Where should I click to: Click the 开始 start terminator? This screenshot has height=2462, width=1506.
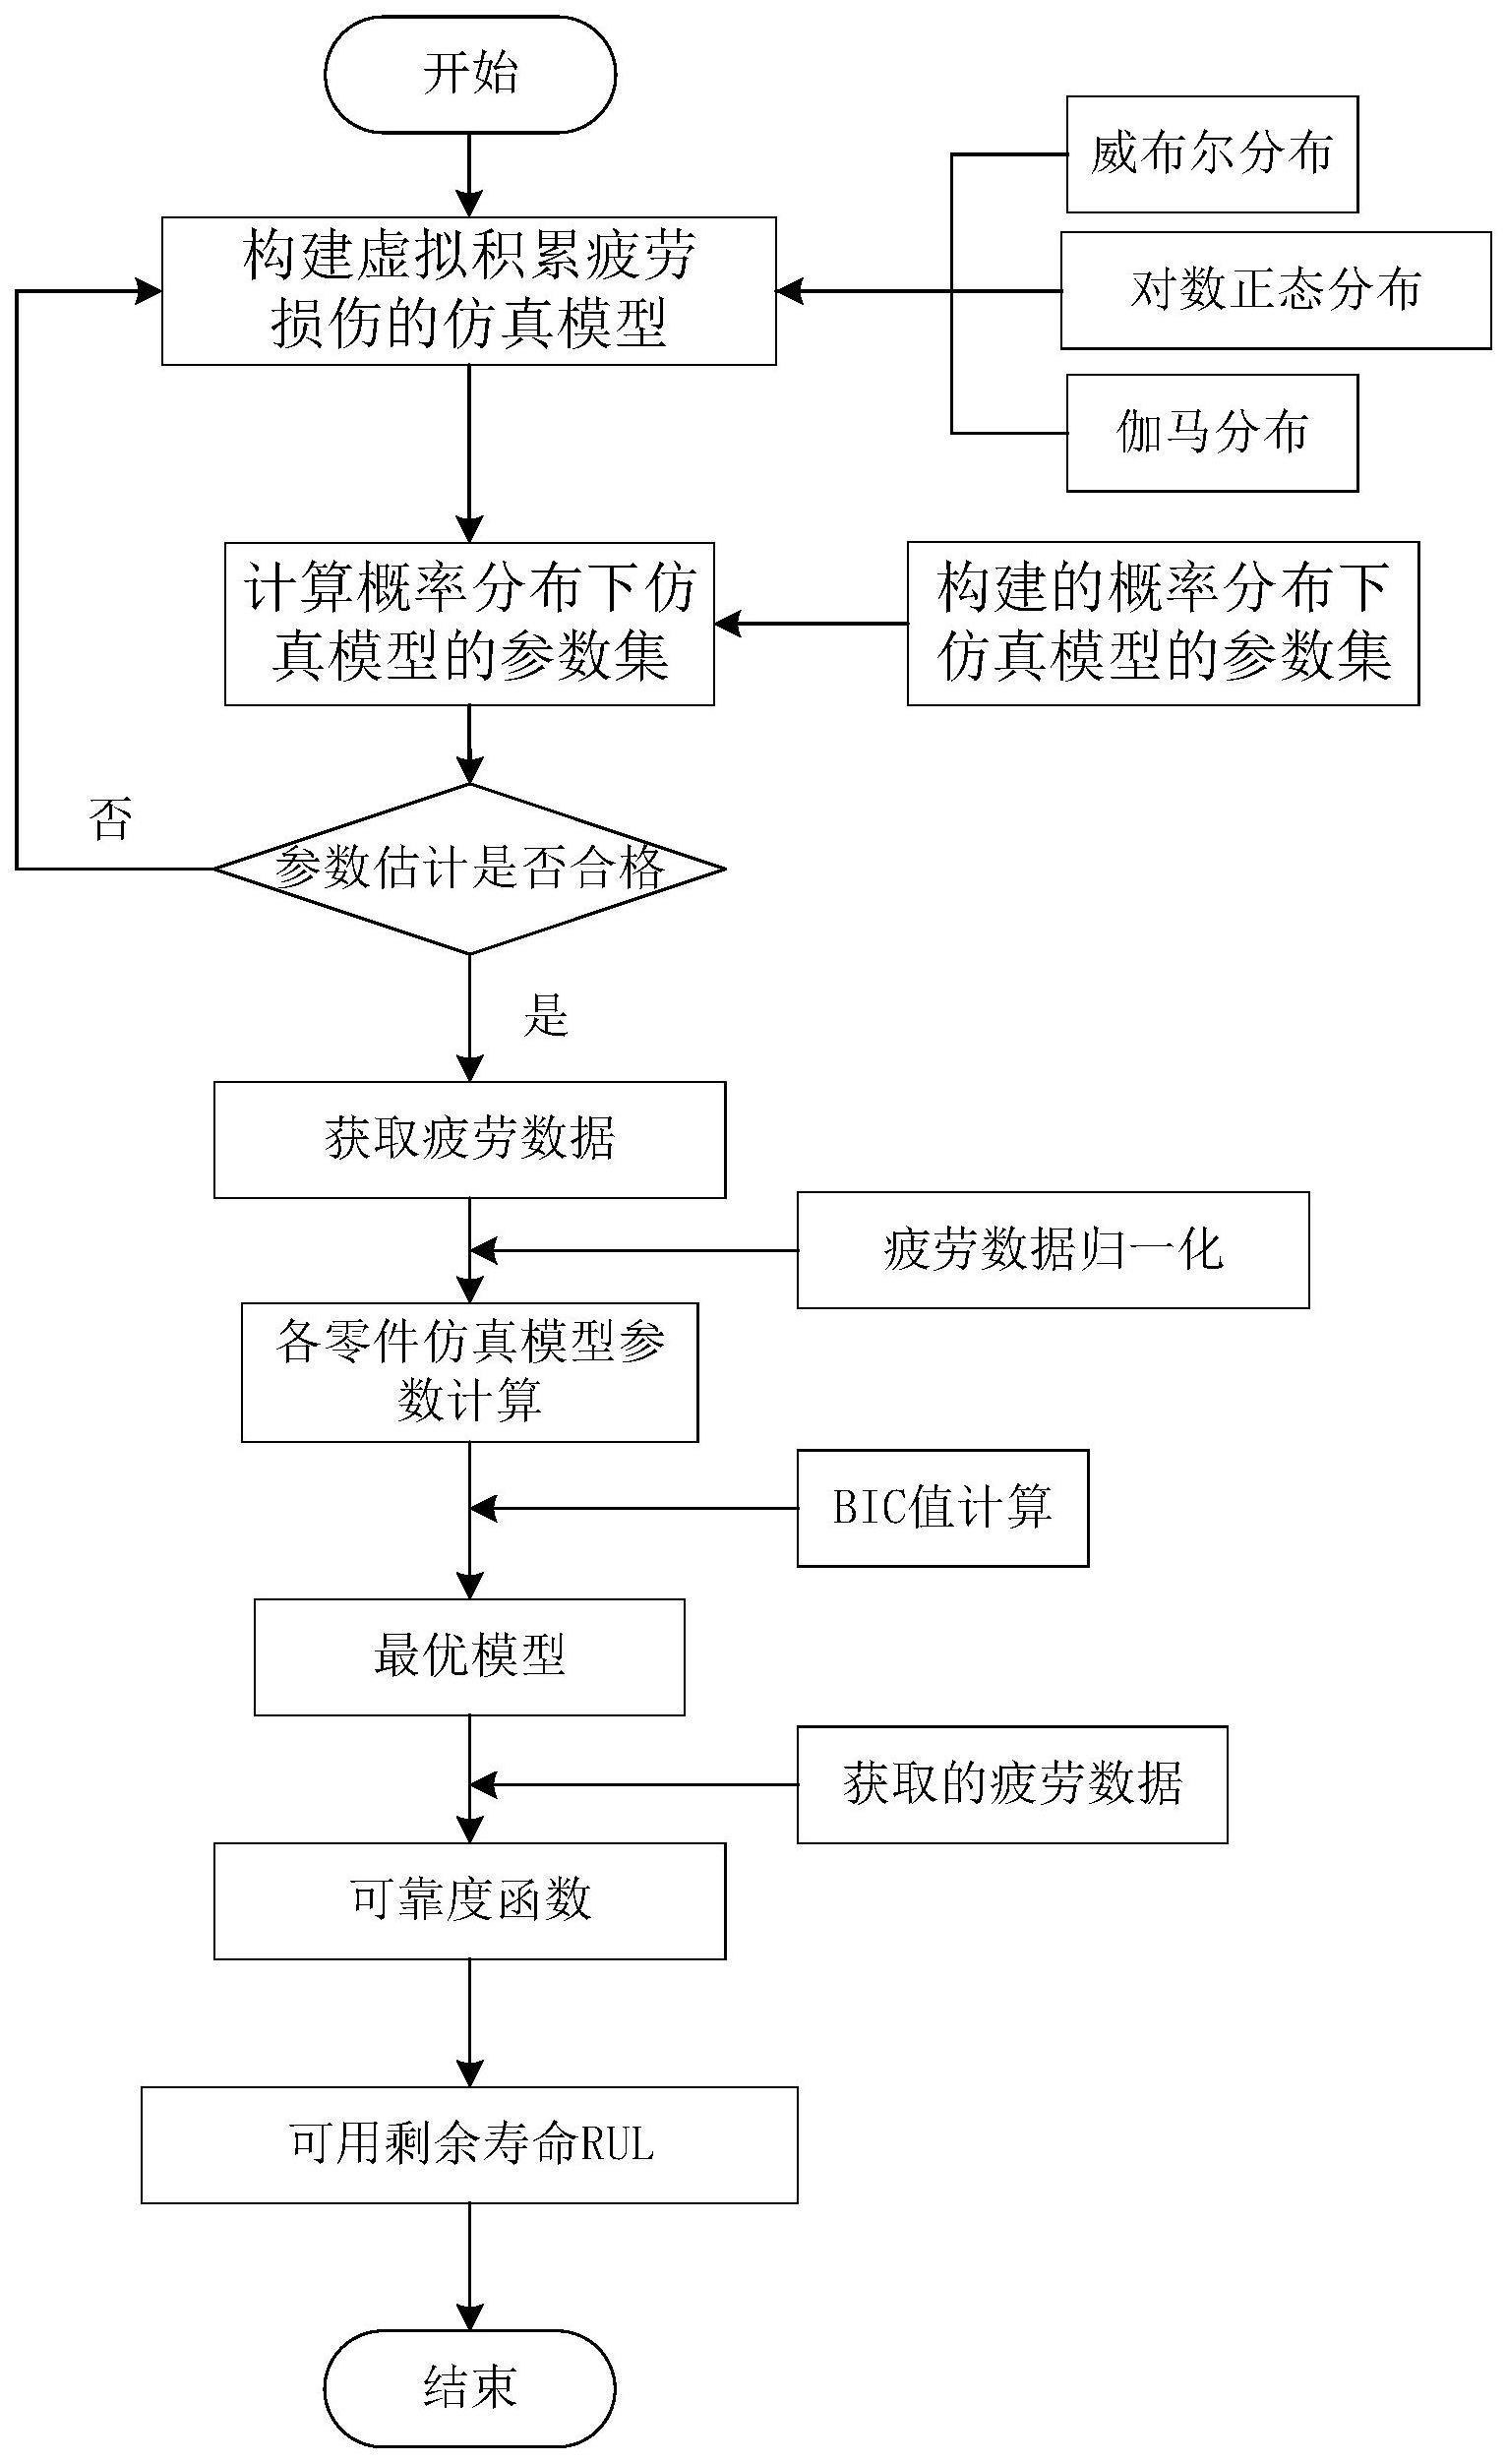point(469,74)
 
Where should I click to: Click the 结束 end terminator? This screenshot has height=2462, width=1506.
point(469,2389)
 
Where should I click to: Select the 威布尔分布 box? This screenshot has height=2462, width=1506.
point(1211,154)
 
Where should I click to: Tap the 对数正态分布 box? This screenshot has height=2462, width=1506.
point(1275,291)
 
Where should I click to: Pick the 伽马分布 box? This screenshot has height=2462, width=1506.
point(1211,433)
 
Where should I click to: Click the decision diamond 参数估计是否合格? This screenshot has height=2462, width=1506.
point(469,869)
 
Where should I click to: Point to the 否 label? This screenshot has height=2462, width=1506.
point(110,819)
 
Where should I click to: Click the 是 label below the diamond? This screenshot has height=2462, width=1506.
point(546,1017)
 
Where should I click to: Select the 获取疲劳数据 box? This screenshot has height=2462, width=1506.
point(469,1139)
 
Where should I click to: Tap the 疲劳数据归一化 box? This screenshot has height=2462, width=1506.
point(1053,1250)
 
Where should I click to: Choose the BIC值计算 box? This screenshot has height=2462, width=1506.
point(941,1508)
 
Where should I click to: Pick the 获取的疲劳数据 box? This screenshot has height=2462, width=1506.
point(1011,1784)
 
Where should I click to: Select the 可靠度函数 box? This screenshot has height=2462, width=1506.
point(469,1900)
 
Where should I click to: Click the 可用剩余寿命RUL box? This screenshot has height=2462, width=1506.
point(469,2144)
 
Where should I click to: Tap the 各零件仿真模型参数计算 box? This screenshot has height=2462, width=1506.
point(469,1371)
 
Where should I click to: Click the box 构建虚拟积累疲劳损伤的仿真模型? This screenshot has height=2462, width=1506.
point(469,291)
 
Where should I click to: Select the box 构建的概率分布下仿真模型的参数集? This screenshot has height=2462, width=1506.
point(1163,624)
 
